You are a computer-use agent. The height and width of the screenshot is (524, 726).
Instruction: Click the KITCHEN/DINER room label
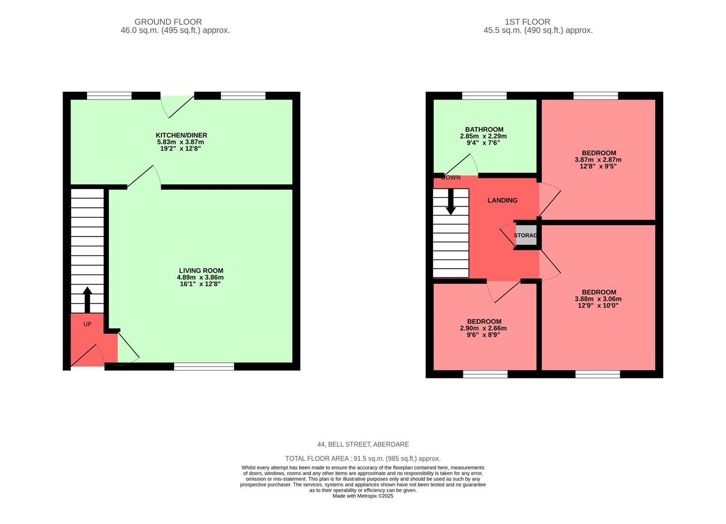click(181, 135)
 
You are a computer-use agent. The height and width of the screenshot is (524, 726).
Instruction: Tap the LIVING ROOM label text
click(201, 271)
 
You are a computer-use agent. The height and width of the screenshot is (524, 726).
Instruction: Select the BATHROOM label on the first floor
click(484, 130)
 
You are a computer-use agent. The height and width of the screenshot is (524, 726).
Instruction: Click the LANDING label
click(502, 200)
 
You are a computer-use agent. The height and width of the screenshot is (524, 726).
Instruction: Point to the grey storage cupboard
click(526, 235)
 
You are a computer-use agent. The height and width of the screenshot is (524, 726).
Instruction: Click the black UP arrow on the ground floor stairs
click(87, 299)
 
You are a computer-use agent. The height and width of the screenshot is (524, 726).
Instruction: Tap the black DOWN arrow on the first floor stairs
click(451, 201)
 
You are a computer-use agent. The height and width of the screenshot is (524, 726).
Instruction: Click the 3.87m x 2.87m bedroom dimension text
click(597, 160)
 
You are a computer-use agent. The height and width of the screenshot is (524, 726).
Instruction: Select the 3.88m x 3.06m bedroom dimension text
click(597, 299)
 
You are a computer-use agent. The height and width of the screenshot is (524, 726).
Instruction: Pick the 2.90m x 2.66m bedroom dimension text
click(483, 328)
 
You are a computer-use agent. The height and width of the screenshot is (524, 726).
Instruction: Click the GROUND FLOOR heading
click(168, 22)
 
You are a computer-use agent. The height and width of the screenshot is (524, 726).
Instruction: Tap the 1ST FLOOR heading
click(527, 22)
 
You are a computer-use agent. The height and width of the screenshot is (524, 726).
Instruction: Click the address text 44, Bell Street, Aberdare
click(363, 444)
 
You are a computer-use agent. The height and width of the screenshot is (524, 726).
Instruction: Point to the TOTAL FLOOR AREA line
click(363, 458)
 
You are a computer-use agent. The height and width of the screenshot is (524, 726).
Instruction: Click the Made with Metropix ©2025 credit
click(363, 496)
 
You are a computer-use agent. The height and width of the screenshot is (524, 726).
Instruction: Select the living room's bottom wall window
click(204, 366)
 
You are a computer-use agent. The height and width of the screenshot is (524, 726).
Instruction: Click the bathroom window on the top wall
click(484, 96)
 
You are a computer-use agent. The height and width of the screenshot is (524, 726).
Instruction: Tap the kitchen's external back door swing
click(177, 104)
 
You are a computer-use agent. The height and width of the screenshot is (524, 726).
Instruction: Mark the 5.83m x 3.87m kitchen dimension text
click(180, 142)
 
